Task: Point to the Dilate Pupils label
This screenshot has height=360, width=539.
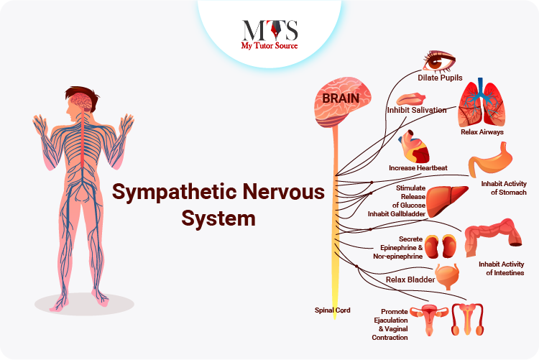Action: click(440, 78)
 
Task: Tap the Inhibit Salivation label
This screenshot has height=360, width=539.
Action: click(417, 111)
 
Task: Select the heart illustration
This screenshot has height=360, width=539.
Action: click(415, 147)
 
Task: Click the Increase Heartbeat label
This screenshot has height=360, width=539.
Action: click(418, 168)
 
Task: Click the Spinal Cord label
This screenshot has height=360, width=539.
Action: click(333, 310)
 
